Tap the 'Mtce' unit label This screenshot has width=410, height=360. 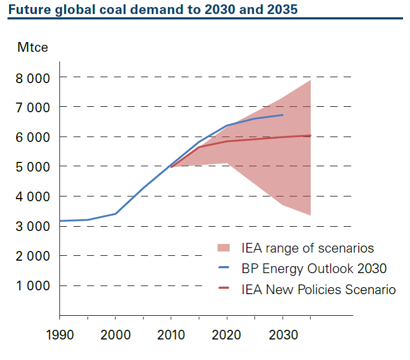pos(32,47)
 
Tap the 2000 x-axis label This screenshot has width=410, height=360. pos(115,335)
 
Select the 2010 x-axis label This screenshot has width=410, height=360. pos(171,335)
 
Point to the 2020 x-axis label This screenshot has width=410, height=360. pos(227,335)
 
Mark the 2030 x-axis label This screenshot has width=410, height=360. pos(283,335)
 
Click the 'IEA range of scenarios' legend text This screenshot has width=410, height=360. pos(307,248)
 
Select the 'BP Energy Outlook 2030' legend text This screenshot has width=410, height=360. pos(315,268)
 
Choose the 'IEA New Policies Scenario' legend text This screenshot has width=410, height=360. pos(319,289)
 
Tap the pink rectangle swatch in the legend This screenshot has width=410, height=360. pos(223,248)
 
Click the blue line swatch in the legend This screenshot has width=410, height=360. pos(223,268)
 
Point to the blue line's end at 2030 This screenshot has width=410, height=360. pos(283,115)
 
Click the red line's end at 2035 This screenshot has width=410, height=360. pos(311,135)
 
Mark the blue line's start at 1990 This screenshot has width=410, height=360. pos(60,221)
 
